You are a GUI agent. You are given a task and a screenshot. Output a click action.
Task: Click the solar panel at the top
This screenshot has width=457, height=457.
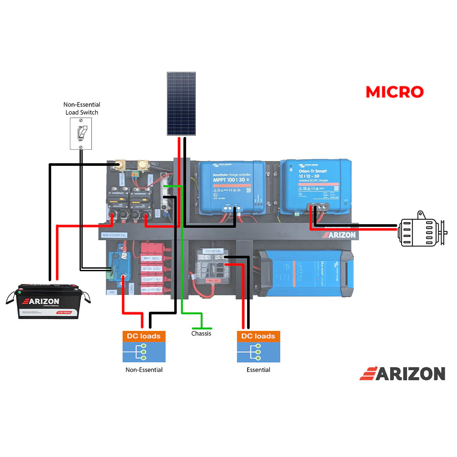(181, 104)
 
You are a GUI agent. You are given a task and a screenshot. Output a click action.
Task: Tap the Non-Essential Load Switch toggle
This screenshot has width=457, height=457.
(81, 133)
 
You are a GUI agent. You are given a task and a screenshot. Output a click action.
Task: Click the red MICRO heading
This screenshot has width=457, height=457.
(394, 92)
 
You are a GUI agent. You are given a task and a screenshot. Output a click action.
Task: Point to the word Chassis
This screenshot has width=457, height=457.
(201, 333)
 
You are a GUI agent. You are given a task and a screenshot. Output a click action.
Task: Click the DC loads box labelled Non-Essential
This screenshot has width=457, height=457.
(144, 347)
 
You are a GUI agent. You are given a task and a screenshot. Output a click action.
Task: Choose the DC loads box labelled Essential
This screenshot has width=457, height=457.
(258, 347)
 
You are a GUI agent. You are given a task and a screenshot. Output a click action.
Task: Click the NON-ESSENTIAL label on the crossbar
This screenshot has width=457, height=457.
(114, 235)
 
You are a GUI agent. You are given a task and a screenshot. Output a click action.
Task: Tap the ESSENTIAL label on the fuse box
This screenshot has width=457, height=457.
(213, 251)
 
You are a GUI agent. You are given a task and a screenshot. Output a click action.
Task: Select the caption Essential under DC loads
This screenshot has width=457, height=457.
(258, 370)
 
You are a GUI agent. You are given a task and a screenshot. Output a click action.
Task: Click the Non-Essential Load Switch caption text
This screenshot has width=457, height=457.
(82, 108)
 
